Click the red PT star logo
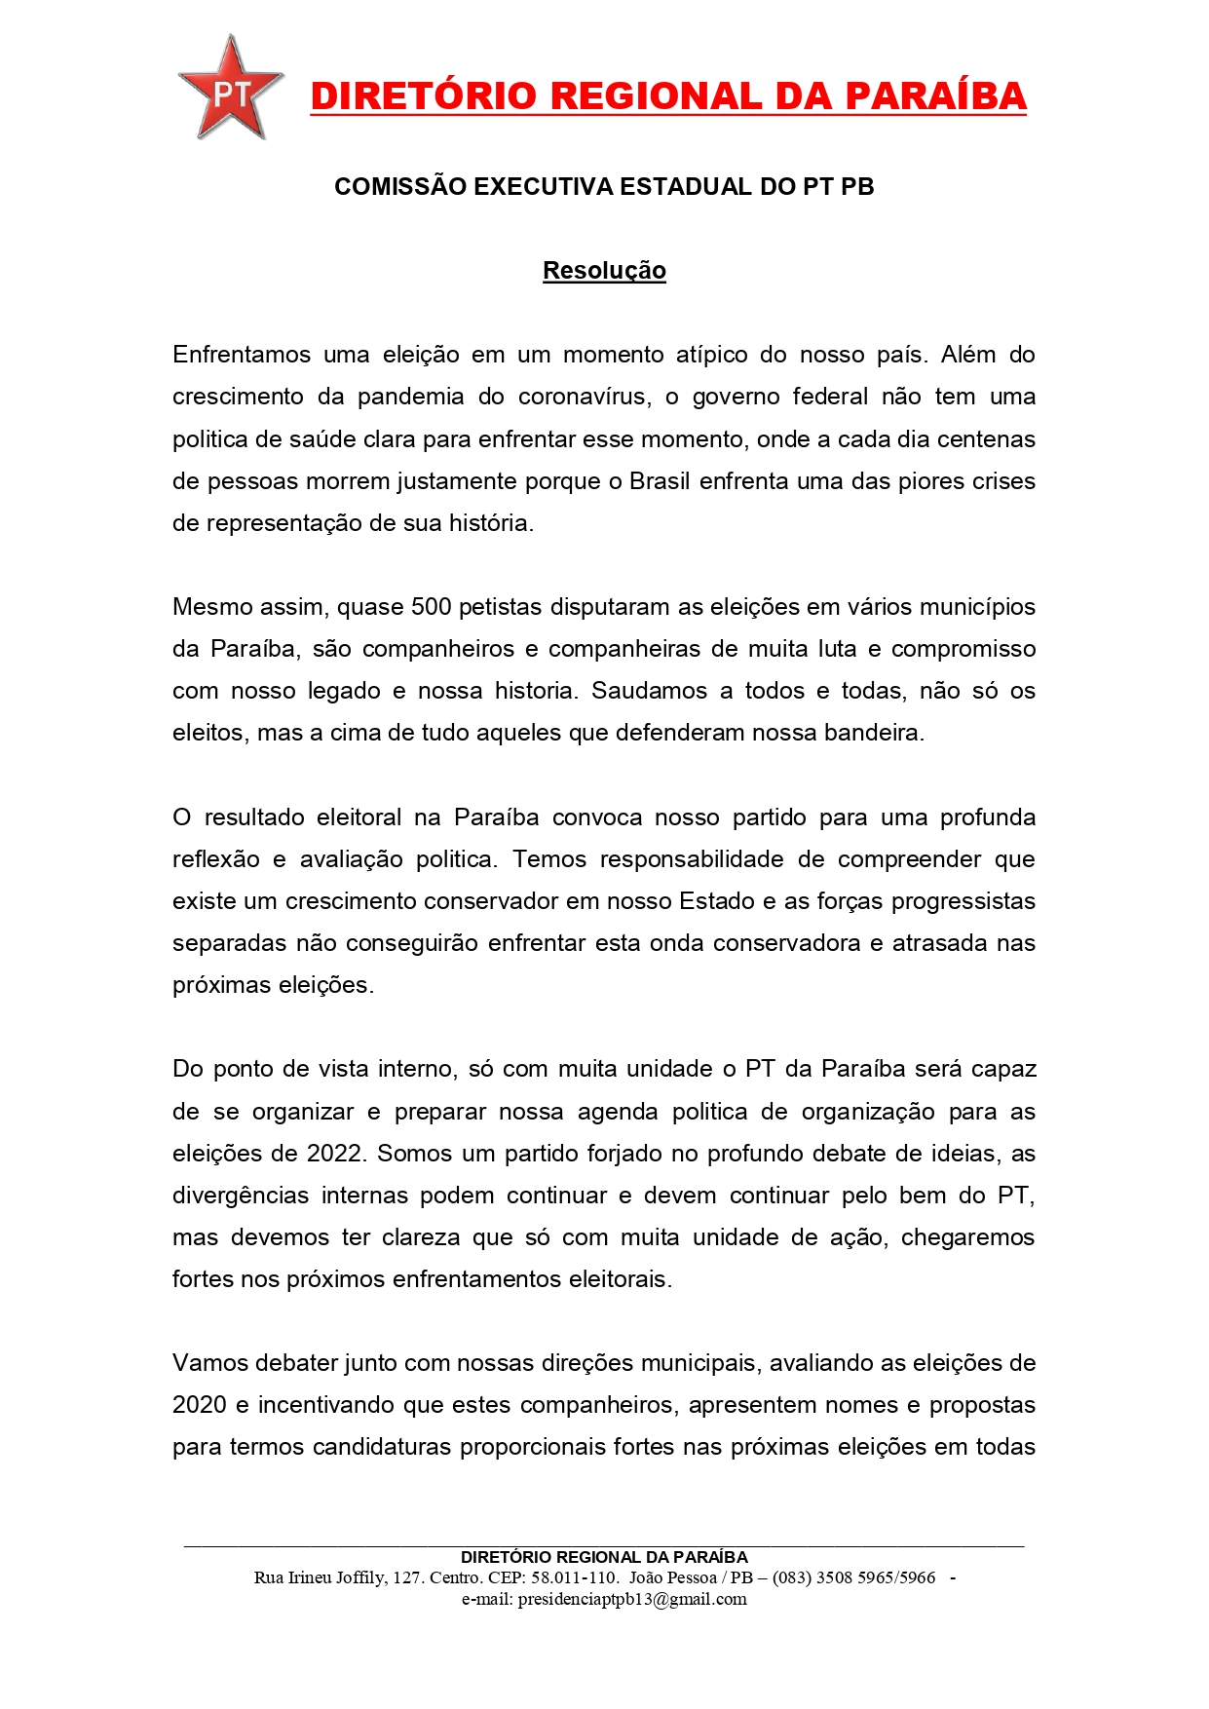(x=230, y=91)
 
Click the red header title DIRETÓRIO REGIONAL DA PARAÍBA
(x=668, y=96)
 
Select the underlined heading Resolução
(x=604, y=270)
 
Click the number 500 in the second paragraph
(x=432, y=607)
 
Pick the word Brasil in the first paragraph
(x=660, y=481)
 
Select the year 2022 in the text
(x=335, y=1154)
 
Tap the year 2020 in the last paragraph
(x=200, y=1405)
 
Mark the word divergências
(x=241, y=1196)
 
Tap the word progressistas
(x=963, y=901)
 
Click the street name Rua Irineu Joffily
(x=321, y=1577)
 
